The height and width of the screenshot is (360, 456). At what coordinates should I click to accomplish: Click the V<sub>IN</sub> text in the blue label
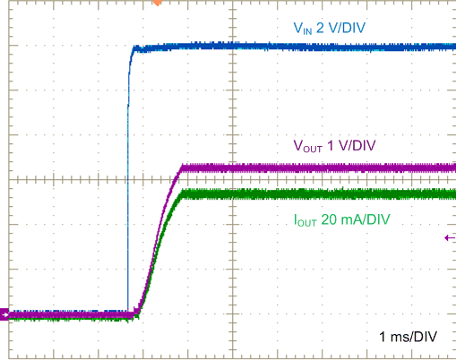(x=305, y=30)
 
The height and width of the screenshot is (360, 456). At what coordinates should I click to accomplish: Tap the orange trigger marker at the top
(x=158, y=3)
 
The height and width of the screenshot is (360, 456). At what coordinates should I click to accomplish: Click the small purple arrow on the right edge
(x=448, y=237)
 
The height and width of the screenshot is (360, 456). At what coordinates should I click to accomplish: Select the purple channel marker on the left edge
(x=4, y=314)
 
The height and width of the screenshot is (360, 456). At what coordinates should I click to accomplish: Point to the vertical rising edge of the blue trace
(x=128, y=179)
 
